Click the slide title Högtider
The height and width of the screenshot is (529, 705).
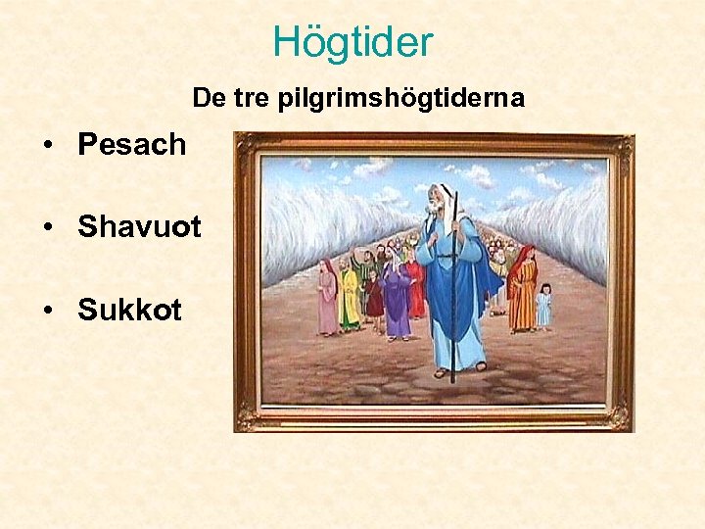[x=352, y=41]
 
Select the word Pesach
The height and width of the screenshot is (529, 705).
[x=132, y=144]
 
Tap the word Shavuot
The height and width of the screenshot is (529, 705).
[x=139, y=227]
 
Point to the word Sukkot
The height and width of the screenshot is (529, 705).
[x=129, y=311]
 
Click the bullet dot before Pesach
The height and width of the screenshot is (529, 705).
[x=48, y=145]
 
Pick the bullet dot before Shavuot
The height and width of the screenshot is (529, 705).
[x=48, y=228]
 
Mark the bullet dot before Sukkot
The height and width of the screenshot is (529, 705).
[x=48, y=312]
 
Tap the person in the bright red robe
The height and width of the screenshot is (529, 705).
[x=416, y=285]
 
